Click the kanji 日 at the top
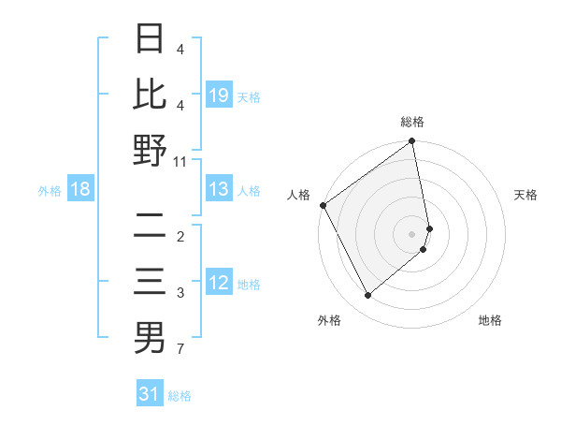point(150,39)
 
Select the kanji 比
point(150,94)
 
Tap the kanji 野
point(150,150)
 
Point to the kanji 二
point(150,227)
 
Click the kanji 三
point(150,282)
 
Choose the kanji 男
point(150,338)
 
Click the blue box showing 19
point(219,95)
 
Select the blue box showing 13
point(219,189)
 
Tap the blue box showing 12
point(219,283)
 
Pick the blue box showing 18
point(80,189)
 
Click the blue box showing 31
point(150,394)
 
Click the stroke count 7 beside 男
point(180,350)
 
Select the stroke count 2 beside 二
point(180,237)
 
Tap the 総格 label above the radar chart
point(412,122)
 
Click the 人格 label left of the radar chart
point(299,195)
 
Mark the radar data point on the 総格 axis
point(411,142)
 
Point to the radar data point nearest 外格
point(367,296)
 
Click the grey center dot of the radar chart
point(412,233)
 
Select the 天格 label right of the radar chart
point(526,195)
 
